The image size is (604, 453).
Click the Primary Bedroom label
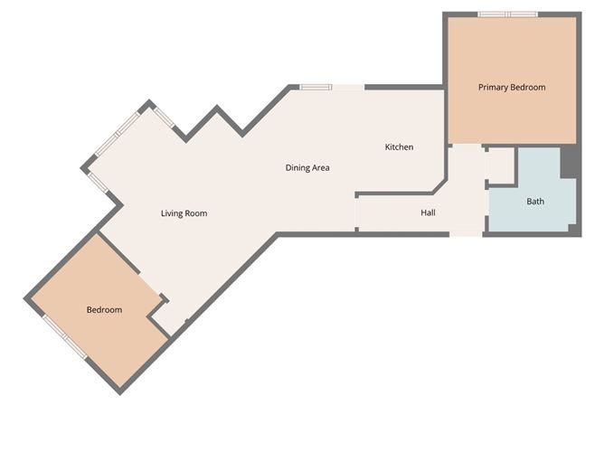(x=512, y=88)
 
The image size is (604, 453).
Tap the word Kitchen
(x=399, y=146)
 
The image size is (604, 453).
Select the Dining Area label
(x=307, y=167)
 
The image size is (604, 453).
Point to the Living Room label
(x=184, y=213)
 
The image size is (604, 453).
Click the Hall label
(x=428, y=212)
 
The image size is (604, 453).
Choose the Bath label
(x=535, y=201)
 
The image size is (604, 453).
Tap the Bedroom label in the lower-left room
(x=104, y=310)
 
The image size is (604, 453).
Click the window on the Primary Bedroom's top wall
(x=507, y=14)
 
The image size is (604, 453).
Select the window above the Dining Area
(x=316, y=87)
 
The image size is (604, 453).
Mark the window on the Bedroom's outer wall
(x=65, y=336)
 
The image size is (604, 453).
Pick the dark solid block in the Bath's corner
(x=569, y=163)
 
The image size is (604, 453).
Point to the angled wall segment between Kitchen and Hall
(x=439, y=184)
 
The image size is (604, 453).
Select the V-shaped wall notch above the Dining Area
(x=218, y=119)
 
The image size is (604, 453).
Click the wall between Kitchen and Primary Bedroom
(x=445, y=118)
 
